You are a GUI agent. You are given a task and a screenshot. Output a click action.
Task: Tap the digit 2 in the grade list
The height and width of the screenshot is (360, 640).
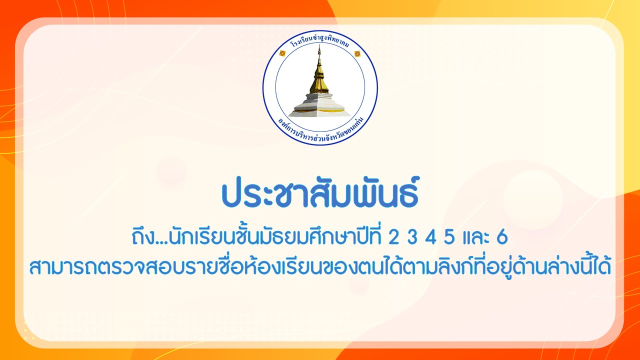tap(393, 237)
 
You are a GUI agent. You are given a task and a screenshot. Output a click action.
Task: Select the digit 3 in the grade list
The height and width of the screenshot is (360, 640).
tap(412, 237)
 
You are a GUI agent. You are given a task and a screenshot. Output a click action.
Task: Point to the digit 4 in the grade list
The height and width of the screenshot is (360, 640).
tap(431, 237)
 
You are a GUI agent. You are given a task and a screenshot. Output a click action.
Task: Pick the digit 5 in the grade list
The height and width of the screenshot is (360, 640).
tap(449, 237)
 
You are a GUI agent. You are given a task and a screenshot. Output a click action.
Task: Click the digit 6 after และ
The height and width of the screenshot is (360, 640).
tap(502, 237)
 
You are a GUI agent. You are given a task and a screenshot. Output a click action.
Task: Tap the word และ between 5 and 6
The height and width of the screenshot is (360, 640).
tap(475, 239)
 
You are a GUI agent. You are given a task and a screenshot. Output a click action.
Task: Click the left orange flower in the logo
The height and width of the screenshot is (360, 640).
tap(282, 53)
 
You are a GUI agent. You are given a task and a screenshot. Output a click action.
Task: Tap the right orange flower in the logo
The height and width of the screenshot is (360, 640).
tap(357, 53)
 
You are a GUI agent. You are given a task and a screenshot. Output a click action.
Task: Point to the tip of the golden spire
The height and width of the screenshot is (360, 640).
tap(319, 45)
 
